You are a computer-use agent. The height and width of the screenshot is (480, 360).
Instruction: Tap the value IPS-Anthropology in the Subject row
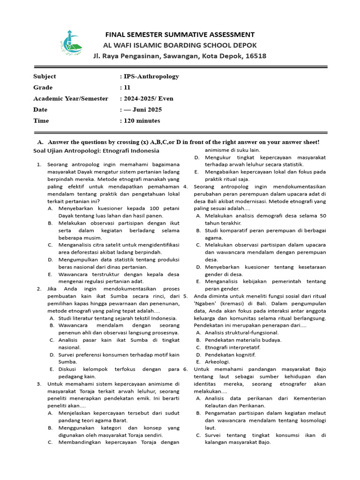[x=151, y=76]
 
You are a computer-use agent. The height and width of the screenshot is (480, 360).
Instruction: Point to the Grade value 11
[x=127, y=88]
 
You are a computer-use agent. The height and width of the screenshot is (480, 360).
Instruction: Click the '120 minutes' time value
[x=141, y=121]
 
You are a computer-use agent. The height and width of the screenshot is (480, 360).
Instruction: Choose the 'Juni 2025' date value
[x=148, y=110]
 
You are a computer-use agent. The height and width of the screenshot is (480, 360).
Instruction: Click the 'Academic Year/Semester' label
[x=70, y=99]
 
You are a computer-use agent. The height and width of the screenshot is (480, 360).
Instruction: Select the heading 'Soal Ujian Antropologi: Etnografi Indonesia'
[x=96, y=150]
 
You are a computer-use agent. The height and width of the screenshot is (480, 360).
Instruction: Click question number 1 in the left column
[x=39, y=165]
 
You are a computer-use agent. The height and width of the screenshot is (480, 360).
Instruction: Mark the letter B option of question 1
[x=50, y=223]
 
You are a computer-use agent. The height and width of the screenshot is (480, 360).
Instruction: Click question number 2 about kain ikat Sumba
[x=39, y=289]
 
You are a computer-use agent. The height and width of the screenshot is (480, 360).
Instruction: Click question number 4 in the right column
[x=186, y=187]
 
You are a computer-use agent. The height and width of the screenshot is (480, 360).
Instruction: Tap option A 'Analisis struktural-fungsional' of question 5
[x=241, y=332]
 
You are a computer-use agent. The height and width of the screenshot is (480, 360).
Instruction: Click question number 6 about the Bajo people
[x=186, y=369]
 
